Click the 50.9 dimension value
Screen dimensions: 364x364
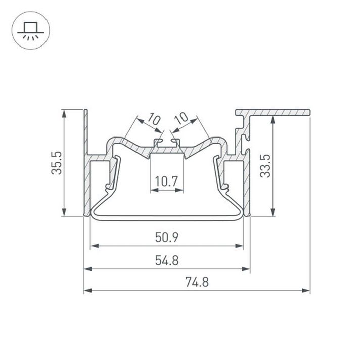pos(167,236)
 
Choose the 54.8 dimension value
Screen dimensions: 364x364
pos(167,260)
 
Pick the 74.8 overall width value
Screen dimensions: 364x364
pos(197,282)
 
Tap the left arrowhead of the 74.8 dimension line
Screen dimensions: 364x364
pos(87,291)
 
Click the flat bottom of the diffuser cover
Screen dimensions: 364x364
pos(167,218)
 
